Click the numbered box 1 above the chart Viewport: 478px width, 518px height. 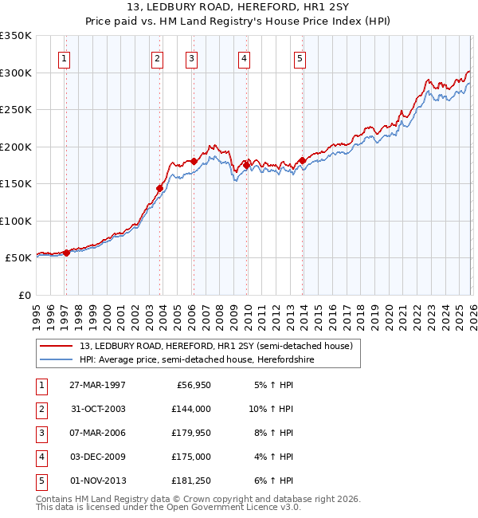click(x=64, y=57)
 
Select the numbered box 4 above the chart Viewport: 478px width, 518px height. click(x=243, y=57)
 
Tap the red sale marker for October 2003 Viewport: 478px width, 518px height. click(x=159, y=189)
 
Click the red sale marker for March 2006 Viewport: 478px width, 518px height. click(x=194, y=162)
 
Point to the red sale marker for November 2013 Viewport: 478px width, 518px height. click(x=302, y=161)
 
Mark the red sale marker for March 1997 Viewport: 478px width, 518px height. click(x=66, y=253)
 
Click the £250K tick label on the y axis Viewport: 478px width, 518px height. click(x=16, y=110)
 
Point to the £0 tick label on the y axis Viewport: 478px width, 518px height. click(x=24, y=295)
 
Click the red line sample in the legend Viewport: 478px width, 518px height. click(x=57, y=346)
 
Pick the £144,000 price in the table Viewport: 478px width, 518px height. click(x=190, y=408)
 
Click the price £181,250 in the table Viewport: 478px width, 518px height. click(x=190, y=481)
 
